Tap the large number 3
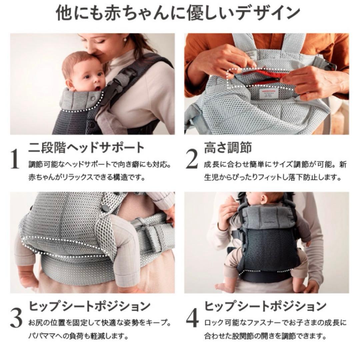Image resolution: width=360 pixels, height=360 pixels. pyautogui.click(x=16, y=319)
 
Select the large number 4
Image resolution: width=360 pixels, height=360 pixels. pyautogui.click(x=192, y=319)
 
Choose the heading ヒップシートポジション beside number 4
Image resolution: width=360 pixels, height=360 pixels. pyautogui.click(x=265, y=306)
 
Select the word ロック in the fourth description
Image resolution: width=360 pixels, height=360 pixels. pyautogui.click(x=212, y=323)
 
